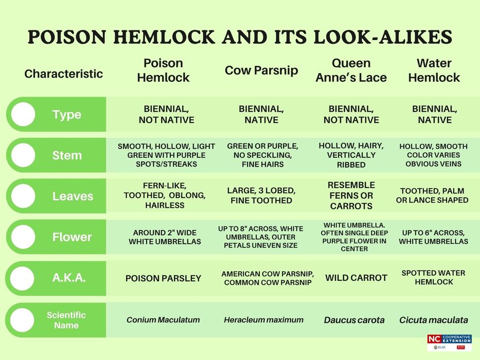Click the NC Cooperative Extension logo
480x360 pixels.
coord(449,342)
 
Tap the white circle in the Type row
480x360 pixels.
coord(23,114)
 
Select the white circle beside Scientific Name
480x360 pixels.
coord(23,320)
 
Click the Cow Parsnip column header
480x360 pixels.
coord(261,70)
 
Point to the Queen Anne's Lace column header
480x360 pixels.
coord(351,70)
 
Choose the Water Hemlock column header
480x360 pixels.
coord(434,70)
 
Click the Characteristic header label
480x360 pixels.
coord(64,74)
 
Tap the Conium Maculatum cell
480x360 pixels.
coord(163,320)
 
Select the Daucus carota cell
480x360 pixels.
coord(354,320)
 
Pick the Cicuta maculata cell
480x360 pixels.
coord(434,320)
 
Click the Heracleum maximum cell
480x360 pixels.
coord(263,320)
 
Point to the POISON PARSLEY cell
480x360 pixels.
coord(163,278)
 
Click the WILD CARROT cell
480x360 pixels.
coord(356,278)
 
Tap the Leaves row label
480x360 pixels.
coord(73,196)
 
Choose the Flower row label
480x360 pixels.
coord(72,237)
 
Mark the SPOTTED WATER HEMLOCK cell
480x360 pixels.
coord(434,278)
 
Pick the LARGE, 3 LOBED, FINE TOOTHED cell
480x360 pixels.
coord(261,195)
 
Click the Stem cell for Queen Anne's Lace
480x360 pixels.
coord(351,155)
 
